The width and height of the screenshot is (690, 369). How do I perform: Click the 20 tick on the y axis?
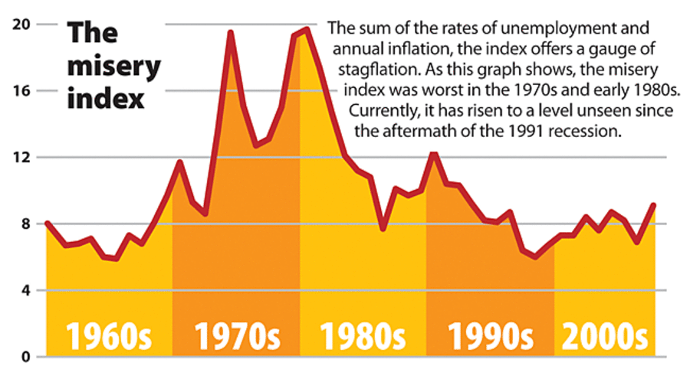click(21, 24)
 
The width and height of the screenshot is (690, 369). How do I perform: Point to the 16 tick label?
click(21, 90)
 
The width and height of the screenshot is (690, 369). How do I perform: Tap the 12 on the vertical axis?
click(21, 157)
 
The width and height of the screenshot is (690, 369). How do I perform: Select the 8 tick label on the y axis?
click(25, 224)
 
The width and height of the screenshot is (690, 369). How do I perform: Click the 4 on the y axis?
click(25, 290)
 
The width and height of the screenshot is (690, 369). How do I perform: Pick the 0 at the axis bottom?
click(25, 357)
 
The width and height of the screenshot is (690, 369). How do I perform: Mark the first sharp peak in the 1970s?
click(230, 32)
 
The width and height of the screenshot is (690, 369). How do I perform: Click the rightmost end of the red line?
click(653, 204)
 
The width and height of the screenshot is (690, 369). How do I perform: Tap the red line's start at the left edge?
click(47, 223)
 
